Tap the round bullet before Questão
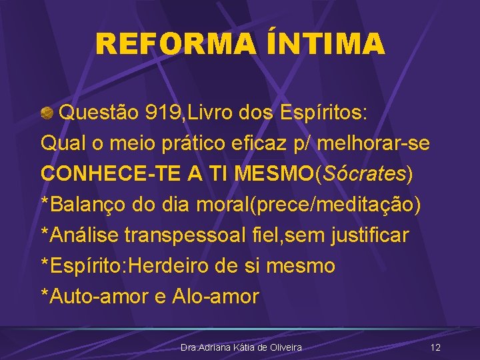47,113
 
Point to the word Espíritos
318,113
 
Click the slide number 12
435,347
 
